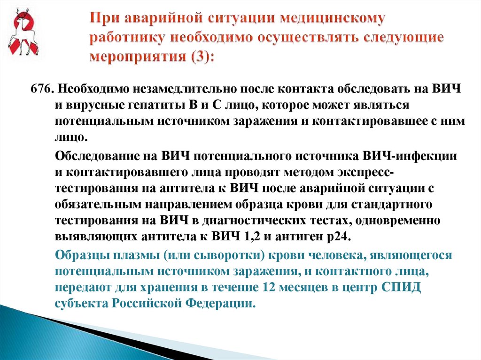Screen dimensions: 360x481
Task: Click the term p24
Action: click(x=335, y=236)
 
